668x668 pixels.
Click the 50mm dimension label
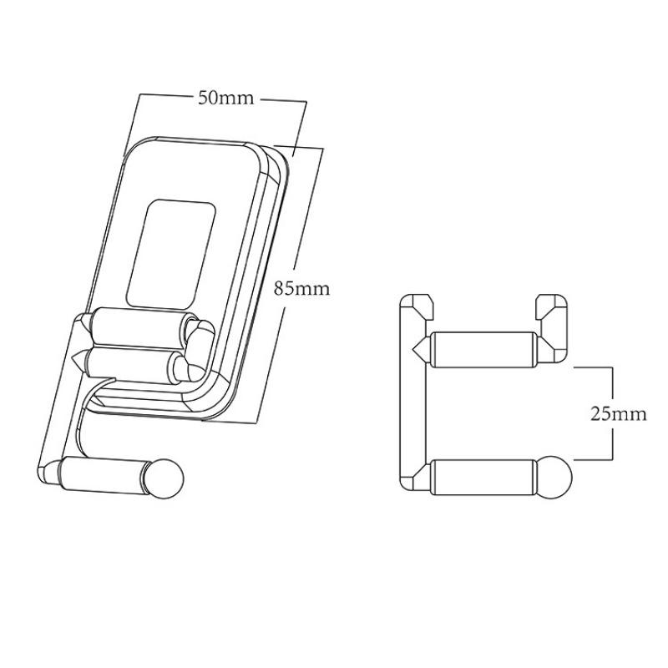tap(225, 98)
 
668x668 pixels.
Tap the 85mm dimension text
tap(302, 289)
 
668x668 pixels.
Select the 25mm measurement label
tap(618, 414)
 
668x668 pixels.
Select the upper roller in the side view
tap(481, 348)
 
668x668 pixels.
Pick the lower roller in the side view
tap(481, 478)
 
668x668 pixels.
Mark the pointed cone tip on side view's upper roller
tap(419, 347)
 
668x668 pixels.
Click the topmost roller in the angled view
tap(138, 326)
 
